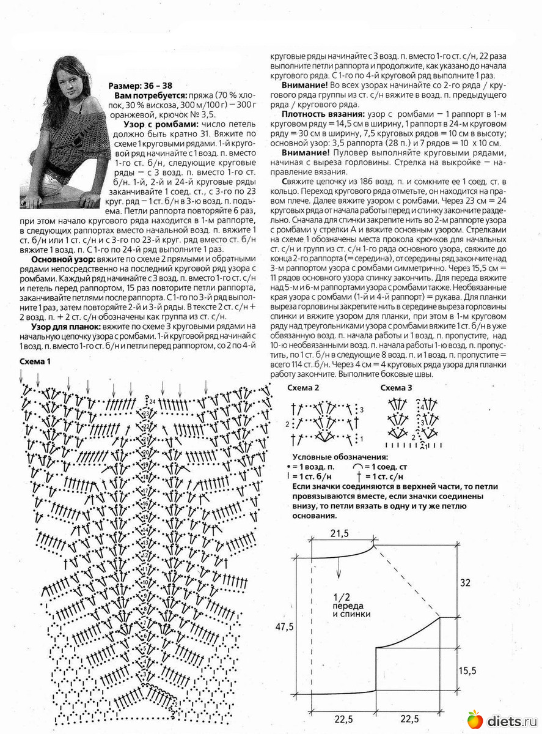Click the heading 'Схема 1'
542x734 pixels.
(35, 361)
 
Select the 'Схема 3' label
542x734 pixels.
(396, 388)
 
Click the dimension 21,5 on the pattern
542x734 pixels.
(340, 534)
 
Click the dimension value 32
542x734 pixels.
(465, 583)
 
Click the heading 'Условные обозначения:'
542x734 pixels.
(340, 458)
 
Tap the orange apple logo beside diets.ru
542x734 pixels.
(475, 719)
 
